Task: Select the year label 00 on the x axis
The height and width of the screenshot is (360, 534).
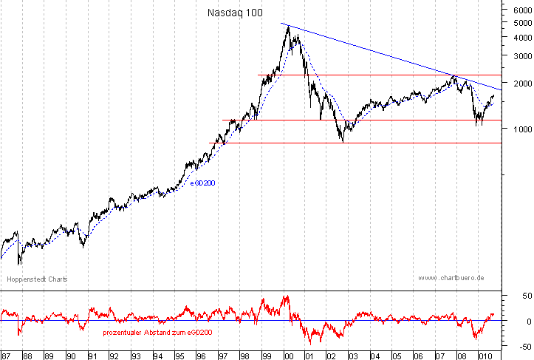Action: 287,355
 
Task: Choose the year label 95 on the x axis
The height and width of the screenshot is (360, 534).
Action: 179,355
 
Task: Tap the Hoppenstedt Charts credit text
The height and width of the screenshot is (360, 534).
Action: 37,279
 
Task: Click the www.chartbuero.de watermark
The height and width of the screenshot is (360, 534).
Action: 451,278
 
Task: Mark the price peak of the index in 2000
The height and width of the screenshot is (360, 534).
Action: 286,27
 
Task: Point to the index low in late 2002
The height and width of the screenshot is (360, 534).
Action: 343,141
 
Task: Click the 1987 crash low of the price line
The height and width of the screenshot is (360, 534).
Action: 19,263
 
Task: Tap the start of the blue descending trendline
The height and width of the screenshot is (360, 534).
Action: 281,24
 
